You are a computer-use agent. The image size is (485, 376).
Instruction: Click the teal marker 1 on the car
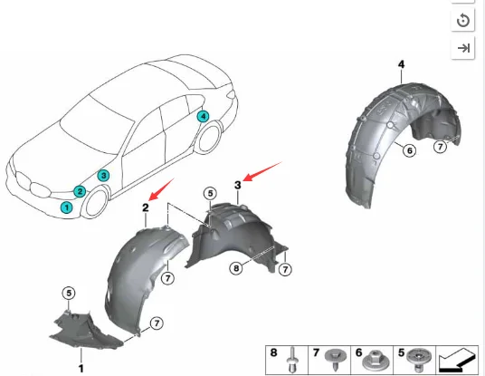[66, 207]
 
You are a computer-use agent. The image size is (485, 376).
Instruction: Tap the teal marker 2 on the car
[81, 191]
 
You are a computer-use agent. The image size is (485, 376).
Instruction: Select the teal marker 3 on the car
[104, 175]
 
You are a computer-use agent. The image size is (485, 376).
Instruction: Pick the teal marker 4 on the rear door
[203, 116]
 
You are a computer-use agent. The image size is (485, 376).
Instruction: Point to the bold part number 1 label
[81, 367]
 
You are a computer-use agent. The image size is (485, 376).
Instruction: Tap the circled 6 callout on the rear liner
[409, 150]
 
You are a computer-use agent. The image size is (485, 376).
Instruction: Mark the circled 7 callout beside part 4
[441, 147]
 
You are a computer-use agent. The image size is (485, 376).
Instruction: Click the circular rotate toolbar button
[463, 20]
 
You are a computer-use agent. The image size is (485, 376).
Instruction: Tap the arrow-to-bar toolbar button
[463, 49]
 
